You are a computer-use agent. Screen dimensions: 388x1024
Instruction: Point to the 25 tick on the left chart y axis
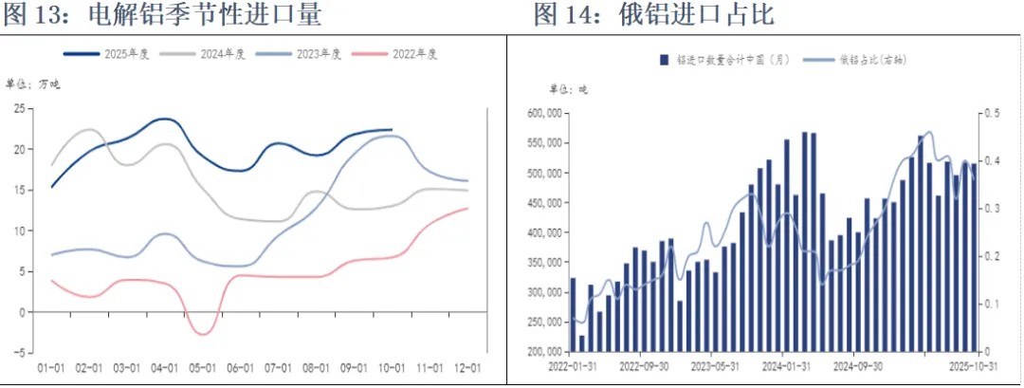tap(18, 109)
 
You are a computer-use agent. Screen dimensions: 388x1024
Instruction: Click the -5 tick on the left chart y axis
tap(18, 352)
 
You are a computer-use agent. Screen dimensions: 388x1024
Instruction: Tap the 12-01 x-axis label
tap(466, 368)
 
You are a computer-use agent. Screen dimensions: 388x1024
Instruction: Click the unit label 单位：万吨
tap(31, 85)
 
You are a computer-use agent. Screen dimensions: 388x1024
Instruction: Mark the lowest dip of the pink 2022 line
tap(202, 334)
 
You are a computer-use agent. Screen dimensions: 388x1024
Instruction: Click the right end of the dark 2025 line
tap(392, 129)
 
